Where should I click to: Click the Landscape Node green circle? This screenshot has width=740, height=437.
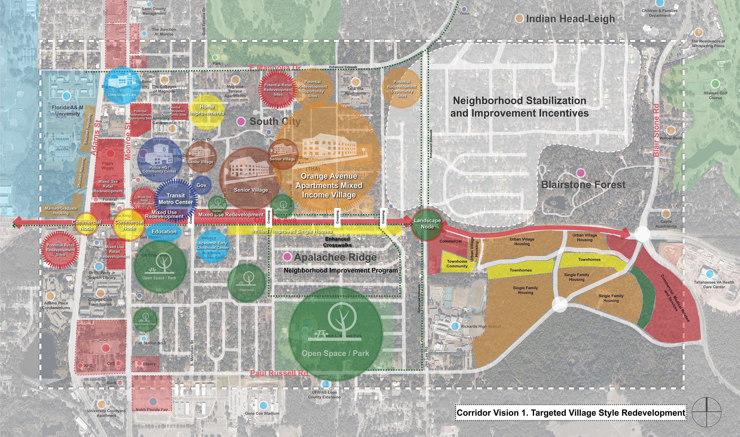427,224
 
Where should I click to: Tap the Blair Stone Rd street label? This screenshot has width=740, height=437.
656,130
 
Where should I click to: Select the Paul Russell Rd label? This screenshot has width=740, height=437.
279,373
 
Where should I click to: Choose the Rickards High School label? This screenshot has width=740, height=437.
481,326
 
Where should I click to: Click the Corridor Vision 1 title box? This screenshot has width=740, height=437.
571,413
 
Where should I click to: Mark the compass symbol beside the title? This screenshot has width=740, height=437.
706,411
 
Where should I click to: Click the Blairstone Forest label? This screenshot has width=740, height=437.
583,185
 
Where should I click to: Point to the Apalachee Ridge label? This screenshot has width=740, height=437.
335,257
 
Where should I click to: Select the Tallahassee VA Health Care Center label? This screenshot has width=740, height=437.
714,284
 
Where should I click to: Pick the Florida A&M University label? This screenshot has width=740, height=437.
67,110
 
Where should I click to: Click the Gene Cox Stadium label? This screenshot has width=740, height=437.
262,413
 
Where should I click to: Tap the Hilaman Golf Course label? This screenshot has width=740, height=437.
715,95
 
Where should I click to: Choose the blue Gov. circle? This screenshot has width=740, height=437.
202,185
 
